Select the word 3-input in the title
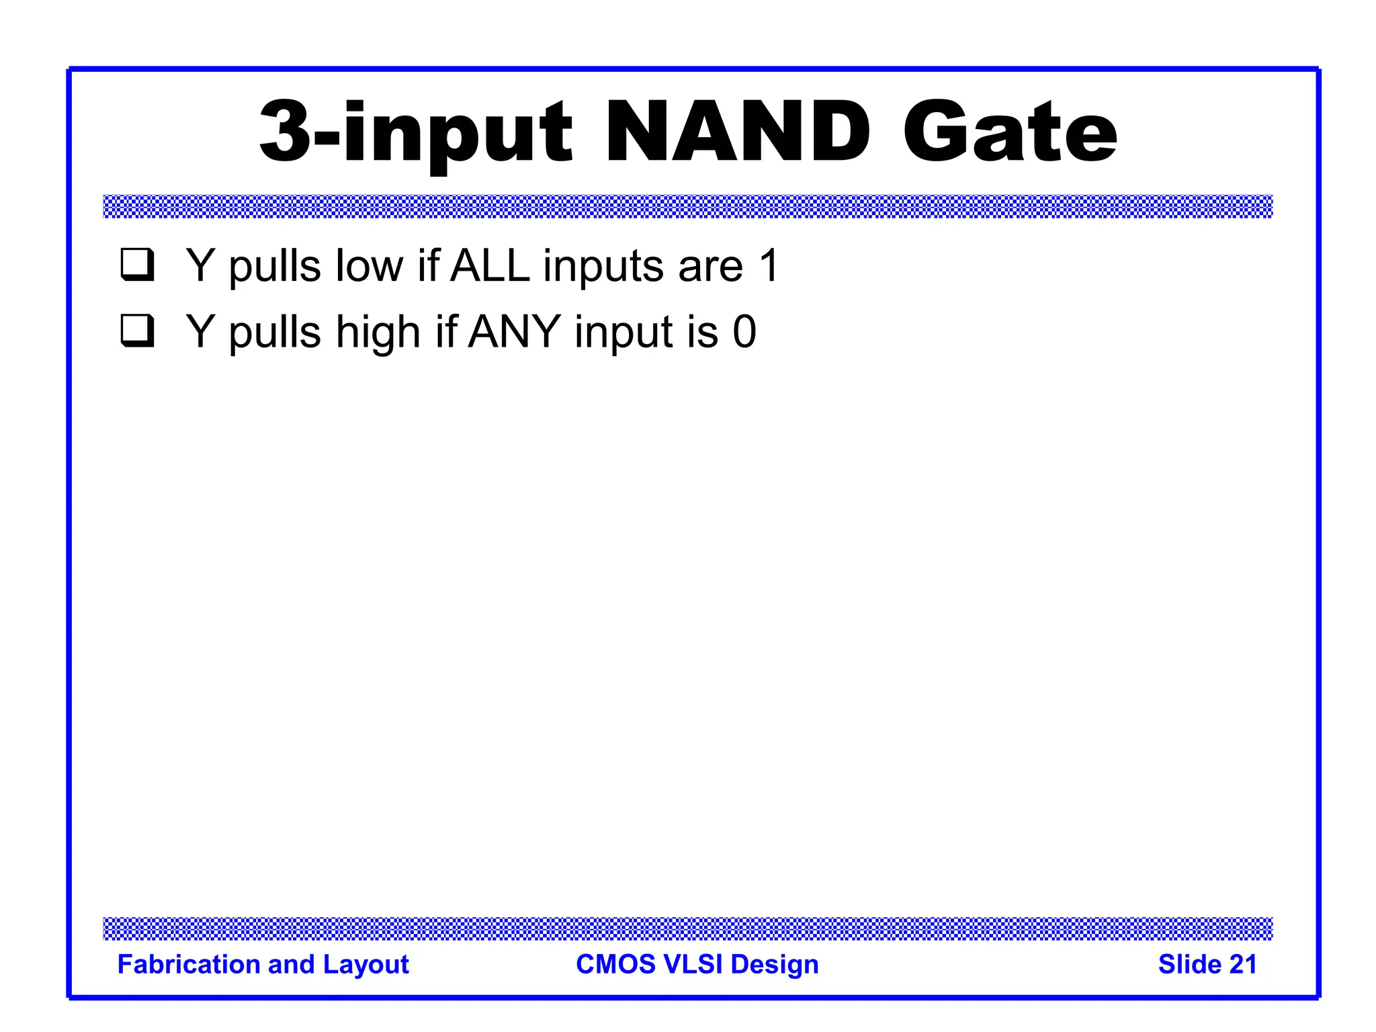tap(416, 132)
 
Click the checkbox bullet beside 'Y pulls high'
tap(138, 331)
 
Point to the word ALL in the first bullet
tap(490, 265)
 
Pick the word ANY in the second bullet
tap(514, 331)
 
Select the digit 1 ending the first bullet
tap(769, 265)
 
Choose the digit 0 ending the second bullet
tap(744, 331)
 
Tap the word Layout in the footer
tap(365, 965)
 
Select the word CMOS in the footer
tap(615, 964)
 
